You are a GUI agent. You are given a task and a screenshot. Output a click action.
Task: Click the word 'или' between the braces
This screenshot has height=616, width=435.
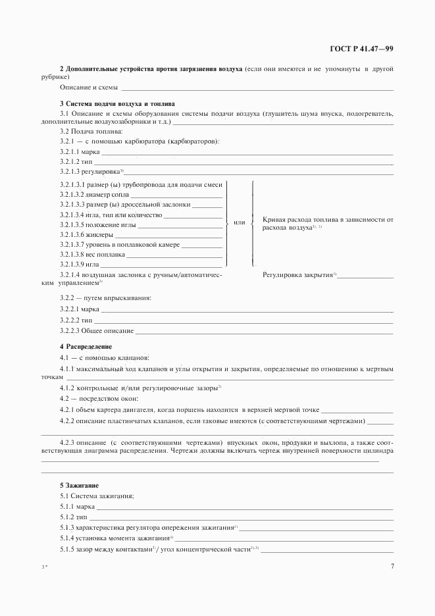(x=240, y=222)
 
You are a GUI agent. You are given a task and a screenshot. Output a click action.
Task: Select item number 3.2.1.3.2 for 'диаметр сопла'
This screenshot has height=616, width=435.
(x=72, y=195)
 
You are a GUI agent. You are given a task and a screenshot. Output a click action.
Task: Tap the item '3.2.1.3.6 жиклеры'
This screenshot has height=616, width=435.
(x=86, y=234)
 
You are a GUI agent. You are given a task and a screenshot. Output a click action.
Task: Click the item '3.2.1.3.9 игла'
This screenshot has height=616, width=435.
(x=80, y=264)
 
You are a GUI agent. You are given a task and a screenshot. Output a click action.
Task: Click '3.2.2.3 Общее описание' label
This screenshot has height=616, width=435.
(x=97, y=330)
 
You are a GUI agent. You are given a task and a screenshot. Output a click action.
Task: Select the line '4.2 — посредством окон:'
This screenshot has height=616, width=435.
(x=99, y=399)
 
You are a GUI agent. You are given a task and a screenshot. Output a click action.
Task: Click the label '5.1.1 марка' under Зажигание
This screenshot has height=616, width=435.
(x=78, y=507)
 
